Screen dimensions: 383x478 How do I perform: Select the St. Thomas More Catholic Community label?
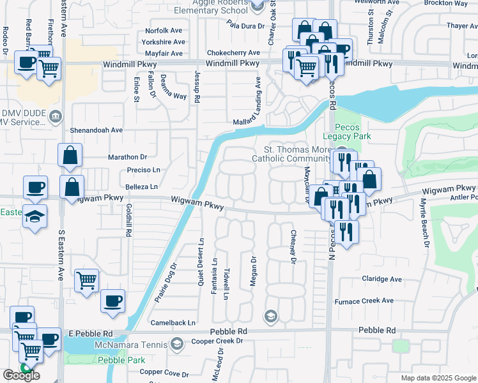[291, 153]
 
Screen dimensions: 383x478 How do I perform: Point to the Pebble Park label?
[121, 361]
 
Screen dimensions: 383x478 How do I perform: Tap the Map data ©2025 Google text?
[437, 378]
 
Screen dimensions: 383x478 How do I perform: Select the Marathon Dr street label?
[127, 156]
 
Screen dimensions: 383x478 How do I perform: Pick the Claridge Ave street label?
[382, 279]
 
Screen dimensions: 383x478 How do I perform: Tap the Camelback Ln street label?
[173, 323]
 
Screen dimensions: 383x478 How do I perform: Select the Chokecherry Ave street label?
[233, 53]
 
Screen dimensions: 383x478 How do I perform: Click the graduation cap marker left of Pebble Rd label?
[271, 315]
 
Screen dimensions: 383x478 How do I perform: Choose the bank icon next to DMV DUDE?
[56, 116]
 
